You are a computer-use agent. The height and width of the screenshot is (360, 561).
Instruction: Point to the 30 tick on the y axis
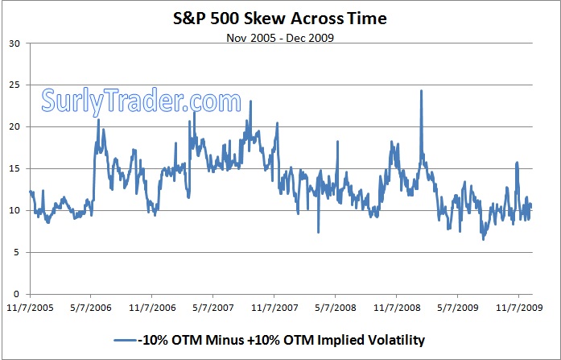(14, 43)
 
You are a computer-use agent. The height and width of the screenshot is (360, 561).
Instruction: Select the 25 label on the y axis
(14, 85)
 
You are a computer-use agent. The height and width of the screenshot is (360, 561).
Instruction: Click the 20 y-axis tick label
(14, 127)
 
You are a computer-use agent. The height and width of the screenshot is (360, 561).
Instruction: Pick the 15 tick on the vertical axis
(14, 169)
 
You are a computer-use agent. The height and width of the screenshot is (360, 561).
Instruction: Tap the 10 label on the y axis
(14, 210)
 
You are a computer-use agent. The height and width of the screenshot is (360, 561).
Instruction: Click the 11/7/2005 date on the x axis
(29, 307)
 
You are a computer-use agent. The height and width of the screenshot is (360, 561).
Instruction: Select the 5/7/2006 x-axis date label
(91, 307)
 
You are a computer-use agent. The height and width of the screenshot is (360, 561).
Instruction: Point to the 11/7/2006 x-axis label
(152, 307)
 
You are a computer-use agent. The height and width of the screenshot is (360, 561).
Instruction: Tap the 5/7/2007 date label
(213, 307)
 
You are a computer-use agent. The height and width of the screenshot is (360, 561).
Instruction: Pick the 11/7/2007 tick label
(274, 307)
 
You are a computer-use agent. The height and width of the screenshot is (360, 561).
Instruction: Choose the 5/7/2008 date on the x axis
(336, 307)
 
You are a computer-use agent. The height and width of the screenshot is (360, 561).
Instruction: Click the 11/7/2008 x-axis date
(397, 307)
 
